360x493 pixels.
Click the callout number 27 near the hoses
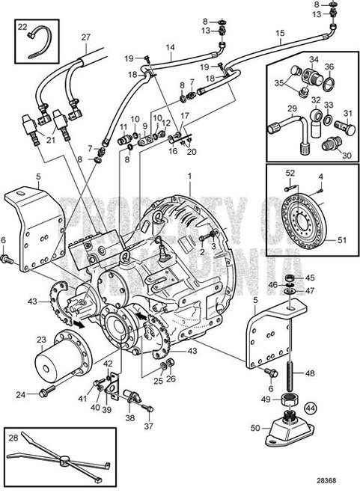(x=85, y=37)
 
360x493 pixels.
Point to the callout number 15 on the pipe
(x=281, y=34)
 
